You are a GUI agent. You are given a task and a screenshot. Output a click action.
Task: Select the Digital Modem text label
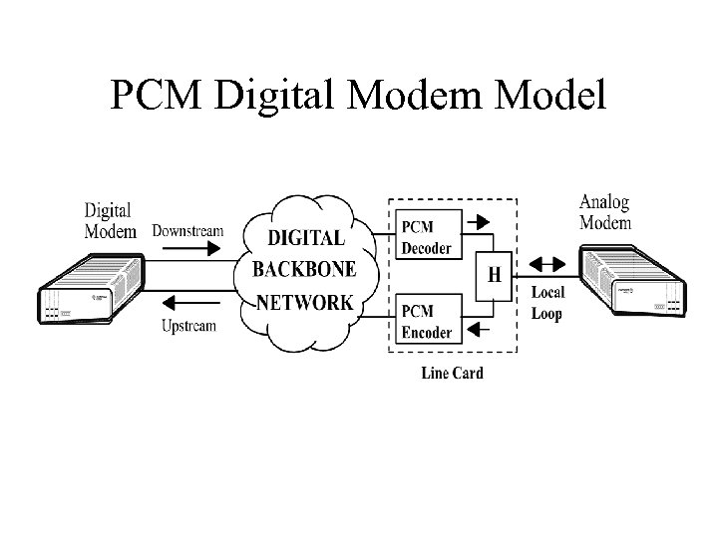(x=110, y=220)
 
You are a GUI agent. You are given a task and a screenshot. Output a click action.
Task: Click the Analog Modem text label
(x=604, y=212)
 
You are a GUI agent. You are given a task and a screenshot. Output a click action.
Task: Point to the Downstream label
(x=187, y=231)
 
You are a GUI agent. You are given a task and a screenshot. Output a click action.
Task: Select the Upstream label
(x=188, y=326)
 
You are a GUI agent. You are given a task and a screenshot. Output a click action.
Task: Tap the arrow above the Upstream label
(x=188, y=305)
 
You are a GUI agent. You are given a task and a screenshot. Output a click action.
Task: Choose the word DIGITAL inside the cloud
(x=306, y=239)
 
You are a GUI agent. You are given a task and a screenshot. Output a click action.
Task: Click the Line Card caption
(x=451, y=374)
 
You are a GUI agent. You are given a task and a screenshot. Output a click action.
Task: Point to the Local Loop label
(x=546, y=303)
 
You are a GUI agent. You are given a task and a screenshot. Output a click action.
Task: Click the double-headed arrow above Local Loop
(x=545, y=266)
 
